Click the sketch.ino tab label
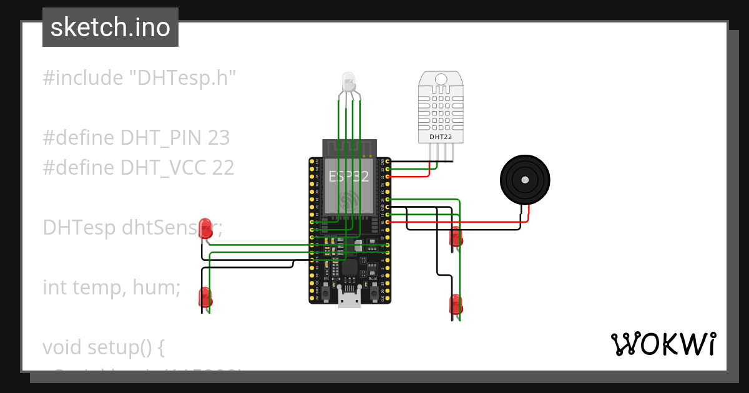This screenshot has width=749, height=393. pyautogui.click(x=110, y=27)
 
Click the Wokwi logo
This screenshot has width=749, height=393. pyautogui.click(x=663, y=344)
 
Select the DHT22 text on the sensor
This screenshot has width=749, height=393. pyautogui.click(x=440, y=136)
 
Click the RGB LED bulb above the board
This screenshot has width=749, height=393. pyautogui.click(x=348, y=82)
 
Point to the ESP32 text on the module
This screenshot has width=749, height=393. pyautogui.click(x=349, y=177)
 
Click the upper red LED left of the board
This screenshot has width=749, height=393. pyautogui.click(x=206, y=227)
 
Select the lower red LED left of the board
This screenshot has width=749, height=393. pyautogui.click(x=205, y=296)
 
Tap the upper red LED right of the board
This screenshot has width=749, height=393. pyautogui.click(x=456, y=236)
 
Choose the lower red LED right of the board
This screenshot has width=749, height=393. pyautogui.click(x=456, y=304)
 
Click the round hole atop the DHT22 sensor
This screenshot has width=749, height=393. pyautogui.click(x=440, y=80)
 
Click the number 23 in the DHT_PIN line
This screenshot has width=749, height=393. pyautogui.click(x=219, y=138)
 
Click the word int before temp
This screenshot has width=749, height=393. pyautogui.click(x=55, y=288)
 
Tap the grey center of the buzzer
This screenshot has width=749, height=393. pyautogui.click(x=525, y=180)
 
